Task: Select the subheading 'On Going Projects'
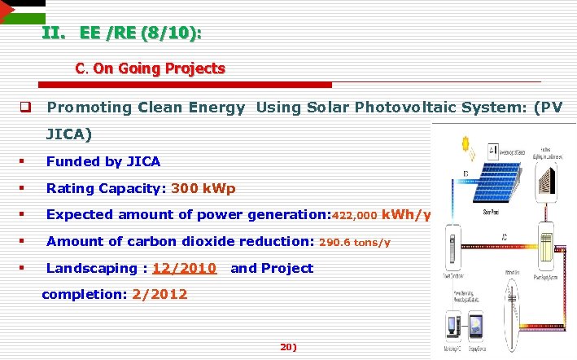159,68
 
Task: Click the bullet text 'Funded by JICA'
103,161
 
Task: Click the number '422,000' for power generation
355,216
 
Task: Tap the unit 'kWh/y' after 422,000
406,215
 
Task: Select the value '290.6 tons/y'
355,242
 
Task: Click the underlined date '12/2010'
184,268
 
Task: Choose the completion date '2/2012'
160,294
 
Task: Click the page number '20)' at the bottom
288,347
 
